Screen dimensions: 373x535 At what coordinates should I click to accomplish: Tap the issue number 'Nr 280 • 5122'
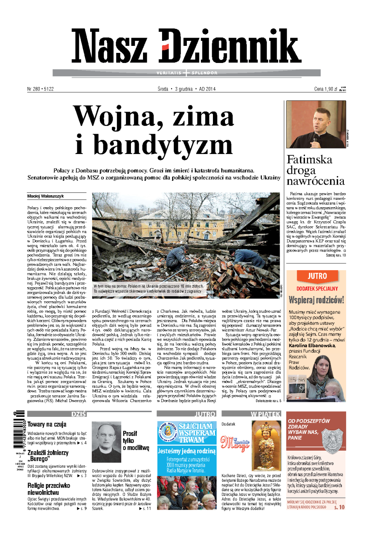tap(40, 89)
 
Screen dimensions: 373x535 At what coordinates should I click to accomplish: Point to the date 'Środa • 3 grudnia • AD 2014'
tap(186, 89)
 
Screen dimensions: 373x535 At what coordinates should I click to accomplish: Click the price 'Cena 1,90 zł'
tap(326, 89)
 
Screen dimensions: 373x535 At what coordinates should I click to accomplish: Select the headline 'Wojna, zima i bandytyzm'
tap(154, 130)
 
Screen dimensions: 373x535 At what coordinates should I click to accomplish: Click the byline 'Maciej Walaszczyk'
tap(45, 196)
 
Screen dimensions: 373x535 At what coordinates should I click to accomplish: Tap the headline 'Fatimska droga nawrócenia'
tap(315, 170)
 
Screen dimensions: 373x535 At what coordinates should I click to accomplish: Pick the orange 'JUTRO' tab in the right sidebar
tap(317, 276)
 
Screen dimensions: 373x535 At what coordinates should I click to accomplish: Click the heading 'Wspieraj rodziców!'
tap(316, 300)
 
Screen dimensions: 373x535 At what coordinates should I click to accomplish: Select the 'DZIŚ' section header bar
tap(57, 414)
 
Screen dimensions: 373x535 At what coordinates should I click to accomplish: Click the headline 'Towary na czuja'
tap(47, 424)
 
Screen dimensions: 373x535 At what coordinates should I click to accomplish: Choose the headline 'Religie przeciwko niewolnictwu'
tap(49, 489)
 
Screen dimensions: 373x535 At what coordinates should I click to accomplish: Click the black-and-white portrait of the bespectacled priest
tap(106, 442)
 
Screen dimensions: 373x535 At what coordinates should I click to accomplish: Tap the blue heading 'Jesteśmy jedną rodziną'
tap(186, 451)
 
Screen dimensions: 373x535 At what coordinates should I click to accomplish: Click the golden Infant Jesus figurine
tap(267, 445)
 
